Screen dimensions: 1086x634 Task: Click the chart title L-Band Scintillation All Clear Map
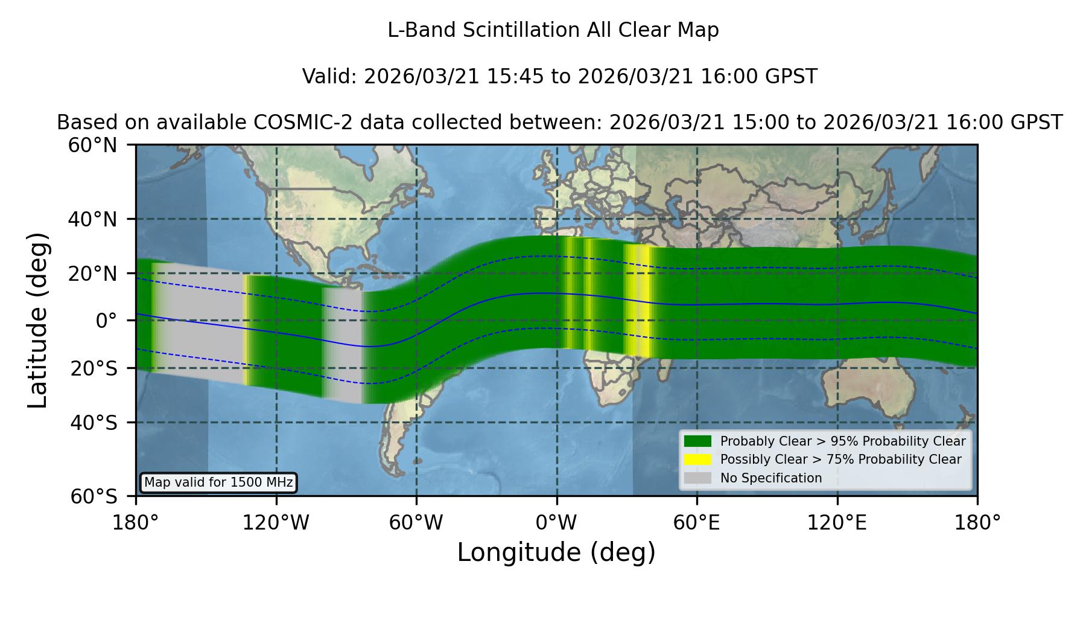(553, 30)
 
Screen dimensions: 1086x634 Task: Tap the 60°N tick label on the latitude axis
(92, 146)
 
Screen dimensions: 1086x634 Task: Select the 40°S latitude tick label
(94, 423)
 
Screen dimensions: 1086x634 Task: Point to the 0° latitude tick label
(106, 321)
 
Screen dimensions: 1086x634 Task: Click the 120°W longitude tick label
(276, 523)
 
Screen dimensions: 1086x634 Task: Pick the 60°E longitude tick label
(697, 523)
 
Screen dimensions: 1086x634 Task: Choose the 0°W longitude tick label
(557, 523)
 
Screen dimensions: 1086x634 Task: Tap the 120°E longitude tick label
(837, 523)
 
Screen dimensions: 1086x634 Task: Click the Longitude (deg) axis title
(556, 552)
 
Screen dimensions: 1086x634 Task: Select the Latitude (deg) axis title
(37, 320)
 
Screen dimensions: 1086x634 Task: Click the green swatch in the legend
(698, 441)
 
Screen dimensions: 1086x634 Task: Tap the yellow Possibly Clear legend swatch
(698, 459)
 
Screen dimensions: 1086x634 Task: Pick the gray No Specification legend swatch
(698, 478)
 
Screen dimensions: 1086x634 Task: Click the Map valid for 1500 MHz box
(218, 482)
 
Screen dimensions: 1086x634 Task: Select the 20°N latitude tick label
(92, 274)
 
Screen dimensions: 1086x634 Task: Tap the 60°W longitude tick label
(416, 523)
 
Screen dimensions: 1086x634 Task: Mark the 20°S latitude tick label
(94, 368)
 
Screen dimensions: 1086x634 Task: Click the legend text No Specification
(771, 478)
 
